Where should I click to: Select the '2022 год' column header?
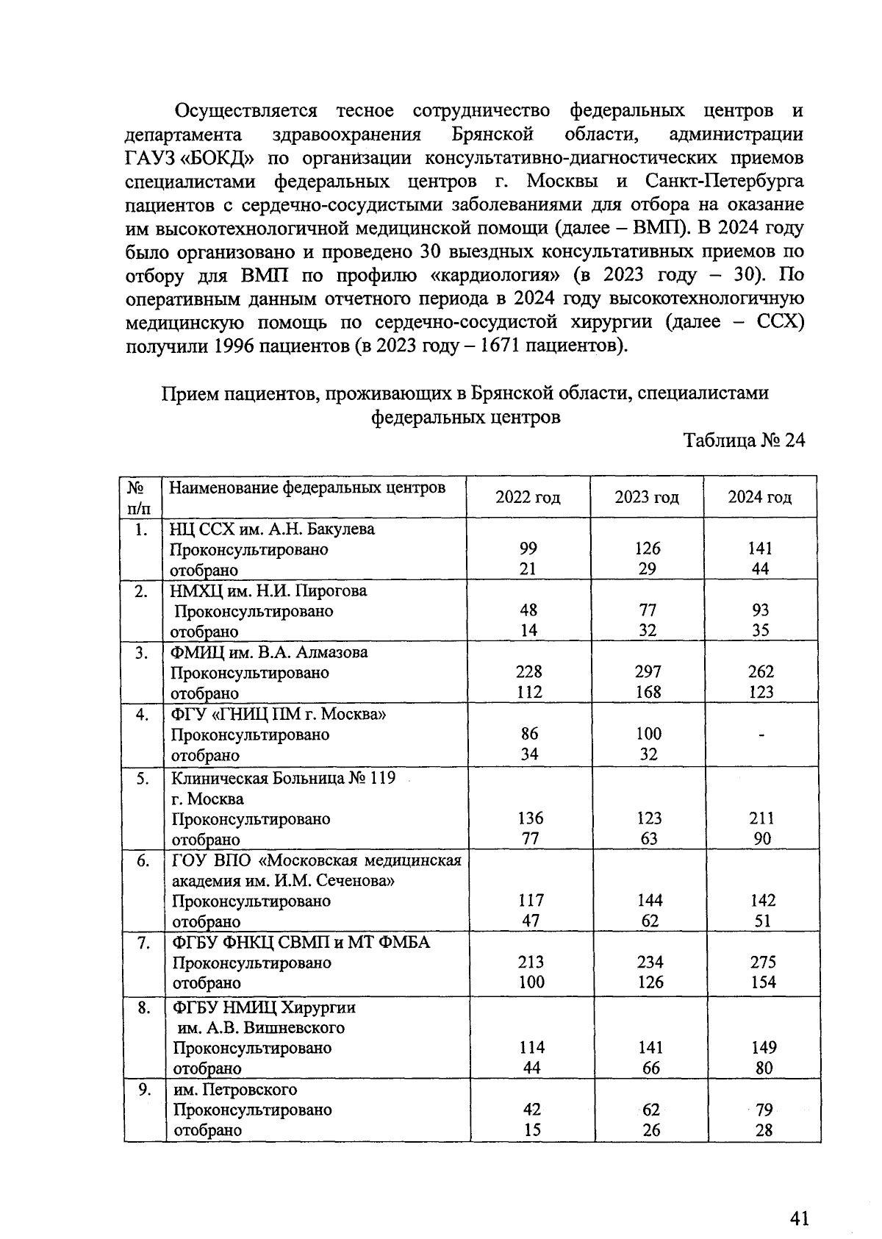(x=528, y=498)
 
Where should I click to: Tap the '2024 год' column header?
(x=760, y=497)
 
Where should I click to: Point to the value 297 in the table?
(x=648, y=671)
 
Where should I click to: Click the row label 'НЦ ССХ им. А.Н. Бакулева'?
(x=272, y=529)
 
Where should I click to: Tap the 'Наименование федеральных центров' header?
(x=307, y=488)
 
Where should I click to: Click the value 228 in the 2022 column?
(x=529, y=671)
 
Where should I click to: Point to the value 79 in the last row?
(x=764, y=1109)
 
